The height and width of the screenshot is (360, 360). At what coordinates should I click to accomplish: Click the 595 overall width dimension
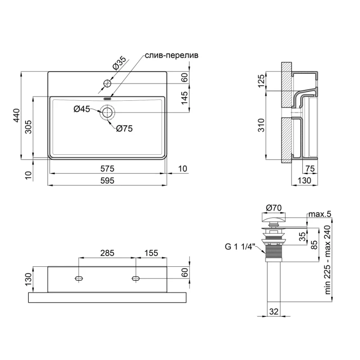pos(108,180)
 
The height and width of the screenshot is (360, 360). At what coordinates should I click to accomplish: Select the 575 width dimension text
pos(108,169)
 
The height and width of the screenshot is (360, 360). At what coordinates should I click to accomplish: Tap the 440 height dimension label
pos(16,116)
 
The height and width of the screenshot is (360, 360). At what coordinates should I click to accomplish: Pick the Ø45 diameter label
pos(82,108)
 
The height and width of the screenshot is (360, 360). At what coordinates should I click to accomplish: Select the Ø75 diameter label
pos(124,129)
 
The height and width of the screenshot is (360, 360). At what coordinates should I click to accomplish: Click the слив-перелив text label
pos(171,55)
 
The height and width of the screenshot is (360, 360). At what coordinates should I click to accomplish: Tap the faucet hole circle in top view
pos(108,83)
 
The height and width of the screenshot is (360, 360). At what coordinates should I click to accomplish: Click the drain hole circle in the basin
pos(108,112)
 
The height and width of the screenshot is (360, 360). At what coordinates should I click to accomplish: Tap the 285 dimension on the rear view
pos(108,253)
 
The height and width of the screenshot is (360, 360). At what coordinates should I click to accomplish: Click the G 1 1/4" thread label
pos(240,246)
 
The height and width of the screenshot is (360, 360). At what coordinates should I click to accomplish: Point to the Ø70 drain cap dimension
pos(274,207)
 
